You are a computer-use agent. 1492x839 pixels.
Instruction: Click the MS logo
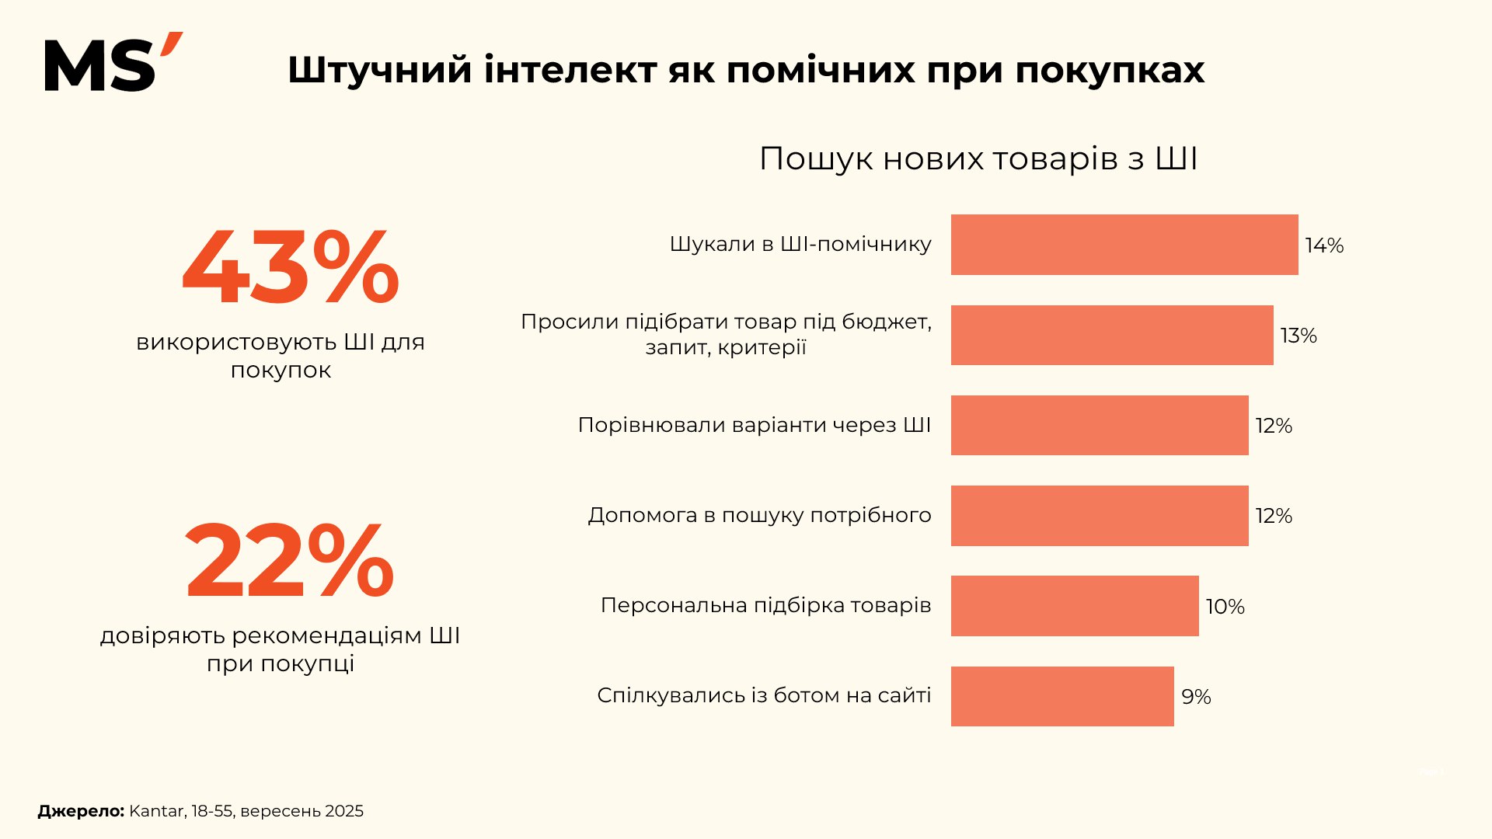(113, 64)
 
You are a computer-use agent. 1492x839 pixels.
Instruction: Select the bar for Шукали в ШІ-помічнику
(1124, 245)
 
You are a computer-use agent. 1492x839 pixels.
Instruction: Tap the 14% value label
(1324, 245)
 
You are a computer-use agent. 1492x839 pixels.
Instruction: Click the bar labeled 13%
(1111, 335)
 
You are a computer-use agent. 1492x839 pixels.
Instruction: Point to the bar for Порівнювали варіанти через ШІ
(1099, 425)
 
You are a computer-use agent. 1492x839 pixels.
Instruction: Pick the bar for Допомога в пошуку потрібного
(1099, 516)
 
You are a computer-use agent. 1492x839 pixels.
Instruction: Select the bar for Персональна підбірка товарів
(1074, 606)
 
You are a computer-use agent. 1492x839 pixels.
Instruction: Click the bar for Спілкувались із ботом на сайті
(1061, 696)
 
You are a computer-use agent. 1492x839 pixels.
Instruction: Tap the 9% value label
(1196, 697)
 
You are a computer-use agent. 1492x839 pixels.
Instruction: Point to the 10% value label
(1225, 607)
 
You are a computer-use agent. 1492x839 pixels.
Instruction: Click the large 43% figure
(290, 268)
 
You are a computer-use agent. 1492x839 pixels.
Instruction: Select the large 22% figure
(289, 561)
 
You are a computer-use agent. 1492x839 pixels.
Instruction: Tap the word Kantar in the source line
(157, 811)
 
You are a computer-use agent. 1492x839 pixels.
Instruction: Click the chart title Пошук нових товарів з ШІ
(978, 158)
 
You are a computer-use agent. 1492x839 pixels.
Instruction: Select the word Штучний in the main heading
(379, 71)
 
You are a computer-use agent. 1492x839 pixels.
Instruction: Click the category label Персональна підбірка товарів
(765, 605)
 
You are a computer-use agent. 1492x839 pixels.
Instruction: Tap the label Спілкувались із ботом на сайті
(764, 695)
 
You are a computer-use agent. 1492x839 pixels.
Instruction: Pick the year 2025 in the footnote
(343, 811)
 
